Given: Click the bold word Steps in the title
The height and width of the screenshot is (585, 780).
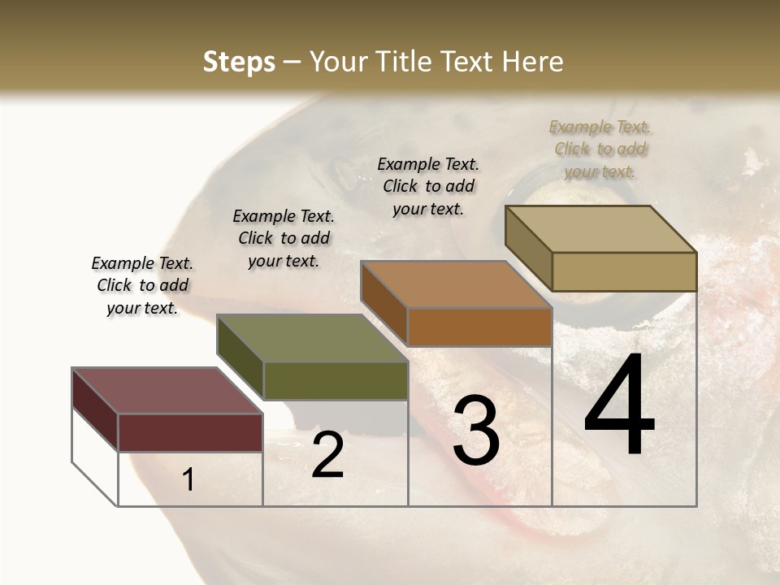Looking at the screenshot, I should [x=239, y=62].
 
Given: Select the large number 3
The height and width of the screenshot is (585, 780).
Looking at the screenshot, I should [x=476, y=431].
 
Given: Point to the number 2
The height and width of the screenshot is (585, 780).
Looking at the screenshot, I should [x=327, y=455].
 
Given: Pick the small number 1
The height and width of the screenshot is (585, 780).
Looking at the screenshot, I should [x=188, y=480].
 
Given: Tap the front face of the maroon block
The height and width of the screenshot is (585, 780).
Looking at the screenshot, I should [x=190, y=432].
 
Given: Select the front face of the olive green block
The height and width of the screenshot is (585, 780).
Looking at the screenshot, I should [x=336, y=380].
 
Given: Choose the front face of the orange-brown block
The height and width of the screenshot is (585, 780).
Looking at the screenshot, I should [x=479, y=327].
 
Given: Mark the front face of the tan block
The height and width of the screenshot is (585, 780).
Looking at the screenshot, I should [x=624, y=271].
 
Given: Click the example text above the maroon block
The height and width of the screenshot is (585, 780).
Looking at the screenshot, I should [x=142, y=285].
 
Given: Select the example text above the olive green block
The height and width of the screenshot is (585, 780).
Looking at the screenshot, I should [x=284, y=238].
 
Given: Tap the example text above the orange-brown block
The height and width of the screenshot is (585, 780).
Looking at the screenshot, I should [x=428, y=186].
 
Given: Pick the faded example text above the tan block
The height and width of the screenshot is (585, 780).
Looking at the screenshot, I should [x=600, y=149].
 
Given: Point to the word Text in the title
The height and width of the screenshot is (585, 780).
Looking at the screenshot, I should [x=469, y=62].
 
